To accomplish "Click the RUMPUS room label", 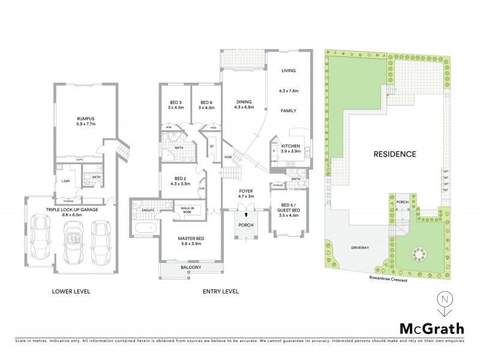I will click(86, 119).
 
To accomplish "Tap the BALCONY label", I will click(190, 268).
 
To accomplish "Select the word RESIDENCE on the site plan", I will click(395, 154).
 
